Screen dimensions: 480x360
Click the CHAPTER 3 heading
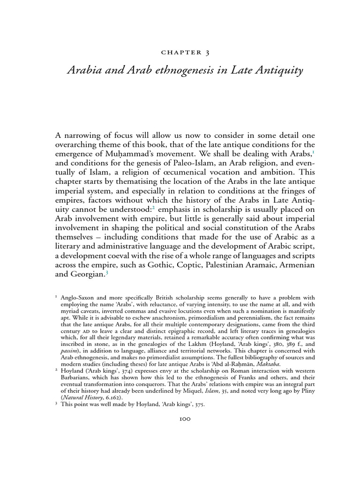180,52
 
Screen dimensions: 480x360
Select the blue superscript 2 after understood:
154,205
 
